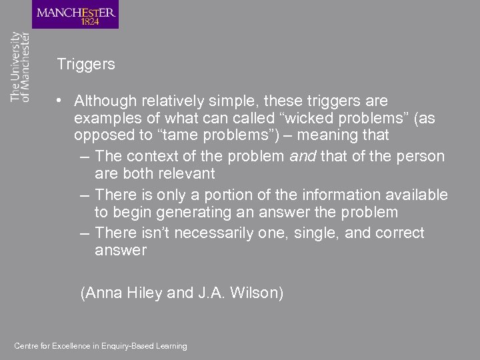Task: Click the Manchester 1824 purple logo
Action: click(x=75, y=15)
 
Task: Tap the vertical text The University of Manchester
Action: click(x=21, y=67)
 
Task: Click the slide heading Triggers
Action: click(x=86, y=65)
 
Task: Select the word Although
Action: click(x=104, y=101)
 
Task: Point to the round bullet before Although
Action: click(x=60, y=101)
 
